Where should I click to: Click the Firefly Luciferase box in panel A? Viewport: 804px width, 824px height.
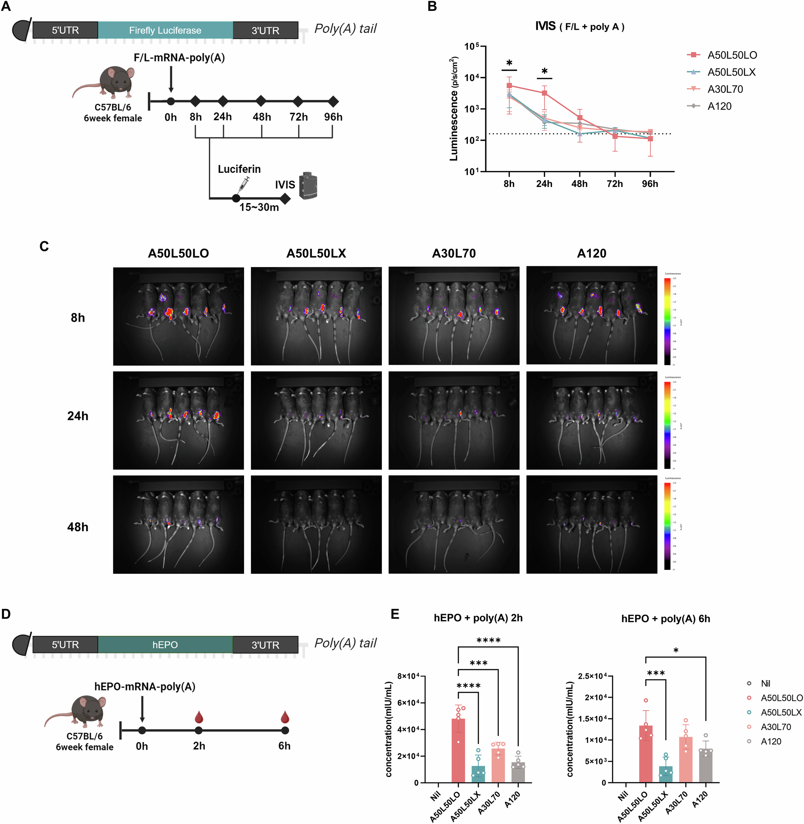tap(165, 31)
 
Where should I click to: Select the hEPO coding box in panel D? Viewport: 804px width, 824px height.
tap(165, 645)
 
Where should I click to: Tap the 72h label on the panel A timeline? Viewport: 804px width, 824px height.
tap(299, 117)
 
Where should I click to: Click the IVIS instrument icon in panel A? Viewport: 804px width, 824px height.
tap(308, 185)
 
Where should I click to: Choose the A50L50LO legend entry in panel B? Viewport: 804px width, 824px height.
tap(732, 55)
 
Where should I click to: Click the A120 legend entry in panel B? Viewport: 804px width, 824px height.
tap(719, 107)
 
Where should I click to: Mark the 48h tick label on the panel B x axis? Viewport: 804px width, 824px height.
tap(579, 184)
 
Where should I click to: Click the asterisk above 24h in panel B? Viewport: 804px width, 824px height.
tap(544, 71)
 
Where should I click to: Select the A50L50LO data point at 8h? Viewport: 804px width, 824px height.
tap(509, 86)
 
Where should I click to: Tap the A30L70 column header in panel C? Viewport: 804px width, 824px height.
tap(453, 253)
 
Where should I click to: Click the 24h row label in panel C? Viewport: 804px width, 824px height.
tap(78, 416)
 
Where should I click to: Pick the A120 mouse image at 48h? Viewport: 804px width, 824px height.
tap(592, 524)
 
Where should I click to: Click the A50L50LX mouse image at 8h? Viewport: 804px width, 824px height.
tap(316, 316)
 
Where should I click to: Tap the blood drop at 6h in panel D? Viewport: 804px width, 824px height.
tap(285, 717)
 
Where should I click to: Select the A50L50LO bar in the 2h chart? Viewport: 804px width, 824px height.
tap(458, 750)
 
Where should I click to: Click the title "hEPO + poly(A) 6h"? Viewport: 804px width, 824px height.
tap(665, 619)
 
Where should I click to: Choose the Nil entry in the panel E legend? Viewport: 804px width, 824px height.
tap(765, 683)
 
